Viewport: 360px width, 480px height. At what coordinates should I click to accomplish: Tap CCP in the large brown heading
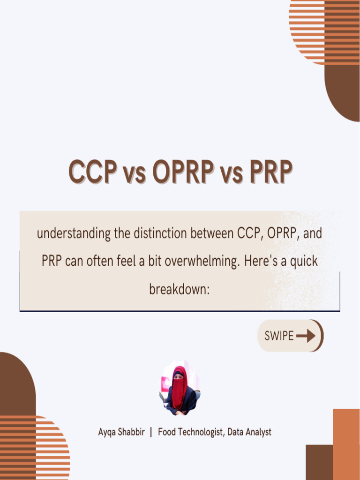(92, 172)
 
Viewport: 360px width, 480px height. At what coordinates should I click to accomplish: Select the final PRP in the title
(270, 172)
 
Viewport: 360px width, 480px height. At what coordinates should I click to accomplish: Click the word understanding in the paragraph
(73, 233)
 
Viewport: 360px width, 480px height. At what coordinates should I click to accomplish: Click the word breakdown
(179, 289)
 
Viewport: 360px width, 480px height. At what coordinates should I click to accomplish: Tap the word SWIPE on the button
(279, 336)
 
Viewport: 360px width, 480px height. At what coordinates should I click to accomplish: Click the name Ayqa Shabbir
(121, 432)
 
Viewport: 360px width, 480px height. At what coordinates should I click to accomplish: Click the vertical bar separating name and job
(151, 432)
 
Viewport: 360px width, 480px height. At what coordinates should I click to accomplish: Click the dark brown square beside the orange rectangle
(319, 462)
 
